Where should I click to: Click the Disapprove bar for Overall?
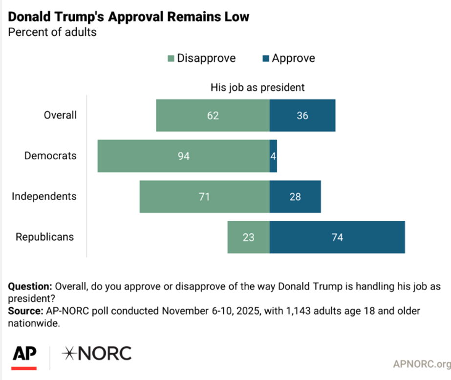point(213,115)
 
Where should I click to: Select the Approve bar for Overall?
point(302,115)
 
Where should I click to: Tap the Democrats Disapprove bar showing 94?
point(183,156)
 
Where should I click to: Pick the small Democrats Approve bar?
point(273,156)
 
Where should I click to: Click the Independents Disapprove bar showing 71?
point(204,196)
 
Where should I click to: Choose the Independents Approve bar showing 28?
point(295,196)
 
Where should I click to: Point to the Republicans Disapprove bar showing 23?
point(248,237)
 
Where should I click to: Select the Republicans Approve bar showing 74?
point(337,237)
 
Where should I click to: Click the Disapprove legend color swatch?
point(171,59)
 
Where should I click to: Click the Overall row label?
point(60,115)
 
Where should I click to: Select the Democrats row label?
point(51,156)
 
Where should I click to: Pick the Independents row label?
point(44,196)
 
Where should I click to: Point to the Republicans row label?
point(45,237)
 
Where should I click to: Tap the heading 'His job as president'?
point(258,87)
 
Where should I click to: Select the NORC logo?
point(96,353)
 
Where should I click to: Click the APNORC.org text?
point(422,364)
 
